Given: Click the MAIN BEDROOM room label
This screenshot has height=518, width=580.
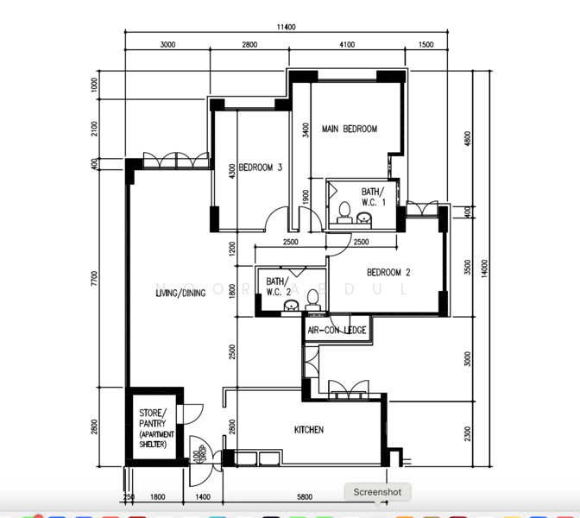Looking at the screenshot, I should pos(350,129).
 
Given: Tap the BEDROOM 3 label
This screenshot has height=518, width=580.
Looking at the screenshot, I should pos(261,167).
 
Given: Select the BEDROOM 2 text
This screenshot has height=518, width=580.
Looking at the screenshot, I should pos(388,273).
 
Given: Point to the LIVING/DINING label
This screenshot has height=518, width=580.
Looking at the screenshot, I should pos(180,294).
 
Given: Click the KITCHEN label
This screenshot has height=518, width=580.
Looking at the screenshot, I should pos(309,429).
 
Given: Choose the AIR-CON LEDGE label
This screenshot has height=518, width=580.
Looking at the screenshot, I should pos(337,330).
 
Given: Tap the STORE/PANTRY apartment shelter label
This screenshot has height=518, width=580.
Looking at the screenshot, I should pos(156,428).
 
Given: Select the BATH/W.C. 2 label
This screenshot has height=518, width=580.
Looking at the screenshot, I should pos(277,287).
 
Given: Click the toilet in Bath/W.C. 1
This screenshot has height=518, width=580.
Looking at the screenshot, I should pos(344,211).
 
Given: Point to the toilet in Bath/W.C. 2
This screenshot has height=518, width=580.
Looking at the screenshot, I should pos(313,300).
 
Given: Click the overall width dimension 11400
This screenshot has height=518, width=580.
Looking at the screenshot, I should pos(287,28).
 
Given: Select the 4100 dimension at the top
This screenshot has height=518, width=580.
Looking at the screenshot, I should pos(347,45).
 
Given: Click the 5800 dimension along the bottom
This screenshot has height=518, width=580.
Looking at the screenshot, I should pos(305,496).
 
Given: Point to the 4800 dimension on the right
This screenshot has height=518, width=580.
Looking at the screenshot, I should pos(468,139).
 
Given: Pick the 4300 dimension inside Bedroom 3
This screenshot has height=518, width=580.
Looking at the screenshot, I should pos(231,171).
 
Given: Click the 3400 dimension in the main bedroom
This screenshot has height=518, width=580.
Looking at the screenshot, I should pos(305,130).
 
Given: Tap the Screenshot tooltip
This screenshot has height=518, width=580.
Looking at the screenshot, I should pos(377,492).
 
